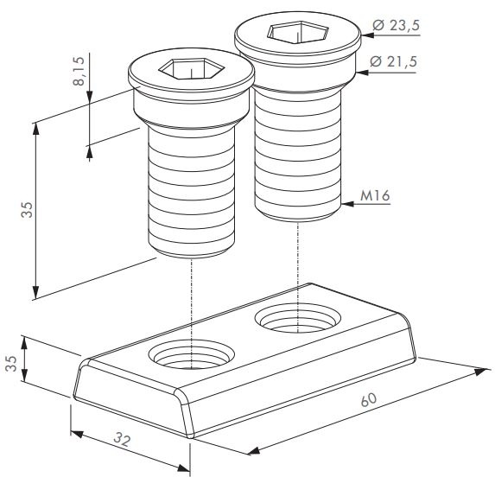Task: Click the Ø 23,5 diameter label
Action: coord(396,25)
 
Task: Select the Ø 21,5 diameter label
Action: coord(393,61)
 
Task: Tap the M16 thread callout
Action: coord(375,196)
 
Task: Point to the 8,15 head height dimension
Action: coord(79,71)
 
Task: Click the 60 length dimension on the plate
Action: coord(368,399)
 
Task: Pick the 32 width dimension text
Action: coord(122,439)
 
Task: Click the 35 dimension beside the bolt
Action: coord(27,210)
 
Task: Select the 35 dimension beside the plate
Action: coord(11,363)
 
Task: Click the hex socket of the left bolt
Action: coord(191,68)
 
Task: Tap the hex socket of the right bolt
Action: coord(298,32)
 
